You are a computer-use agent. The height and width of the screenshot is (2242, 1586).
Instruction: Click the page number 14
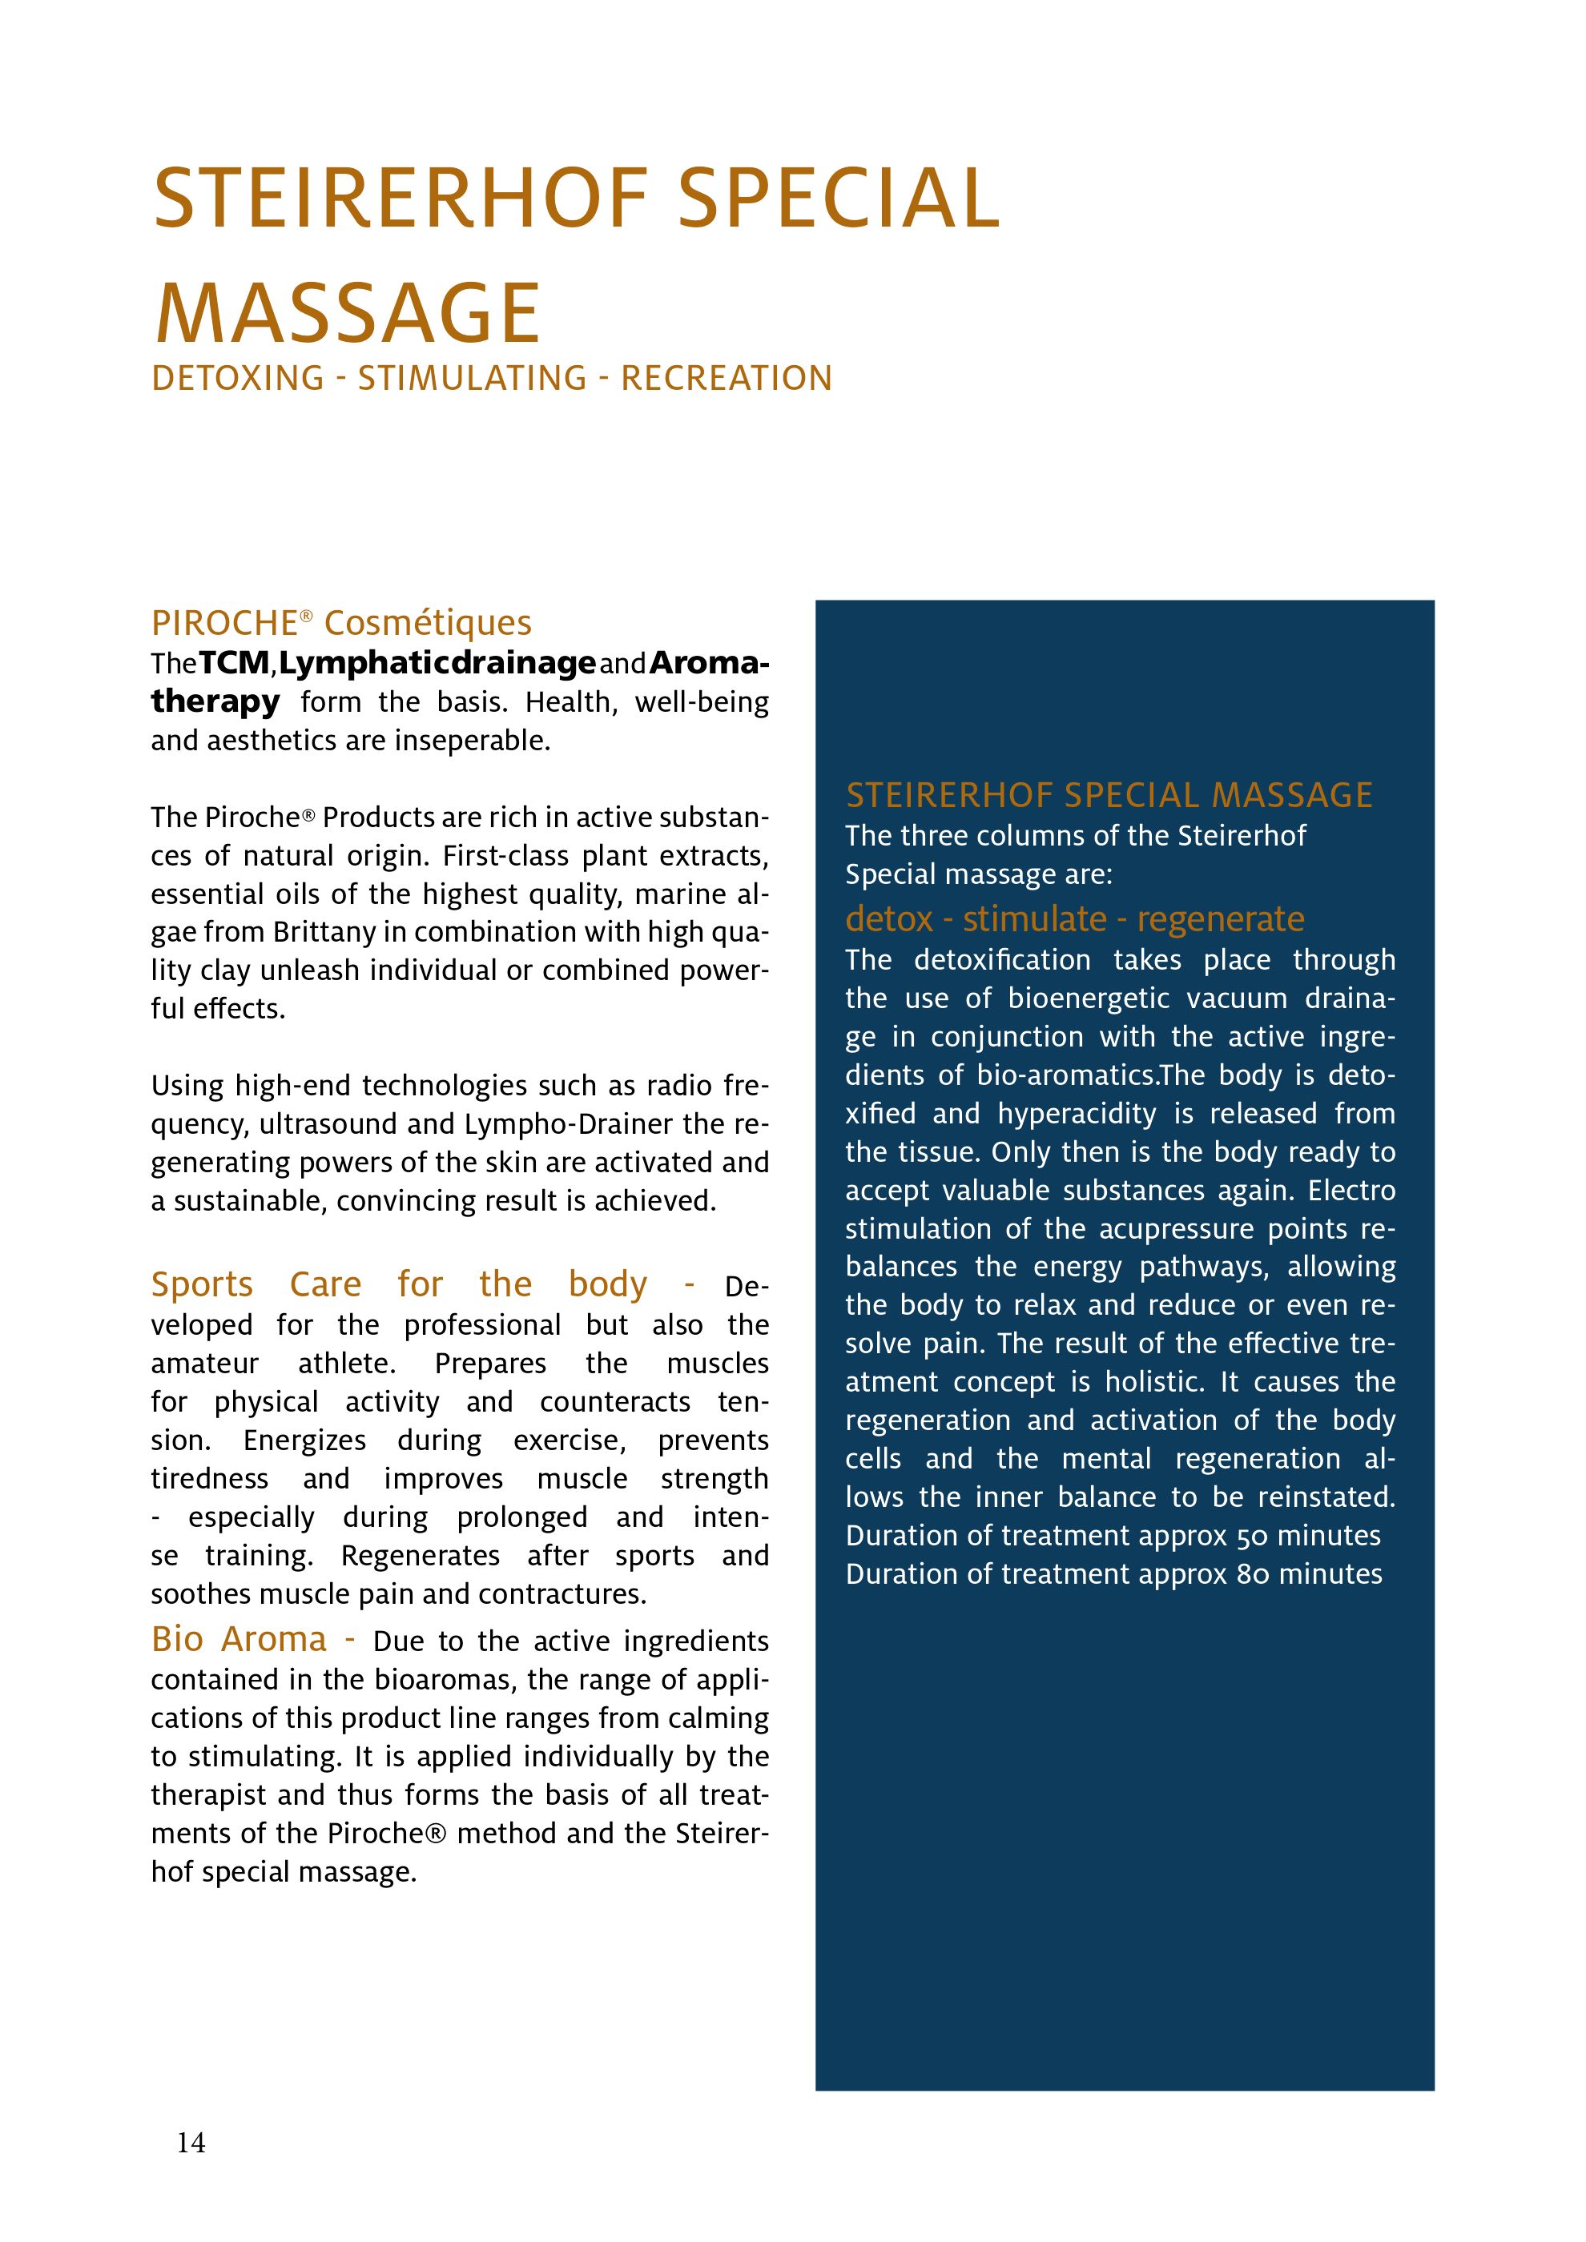pos(191,2143)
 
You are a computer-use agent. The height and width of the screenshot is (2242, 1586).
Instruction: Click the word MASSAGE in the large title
pos(348,315)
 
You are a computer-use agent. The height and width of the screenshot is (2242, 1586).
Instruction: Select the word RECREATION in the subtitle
pos(727,379)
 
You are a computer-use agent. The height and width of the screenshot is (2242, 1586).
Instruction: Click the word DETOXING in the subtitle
pos(237,379)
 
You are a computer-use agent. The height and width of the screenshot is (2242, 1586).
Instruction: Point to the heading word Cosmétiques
pos(428,623)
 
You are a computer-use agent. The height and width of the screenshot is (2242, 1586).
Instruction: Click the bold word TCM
pos(235,664)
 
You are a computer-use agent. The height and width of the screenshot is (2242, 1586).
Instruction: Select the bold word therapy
pos(215,702)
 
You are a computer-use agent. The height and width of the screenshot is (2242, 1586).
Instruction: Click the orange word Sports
pos(202,1284)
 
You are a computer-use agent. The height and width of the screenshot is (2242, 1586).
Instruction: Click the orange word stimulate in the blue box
pos(1035,919)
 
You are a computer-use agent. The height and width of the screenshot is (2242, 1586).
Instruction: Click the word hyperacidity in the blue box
pos(1077,1114)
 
